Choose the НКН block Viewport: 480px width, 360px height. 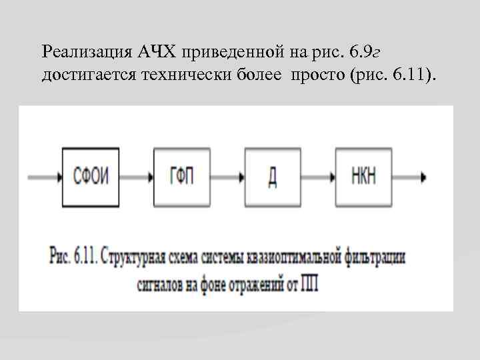coord(363,177)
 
